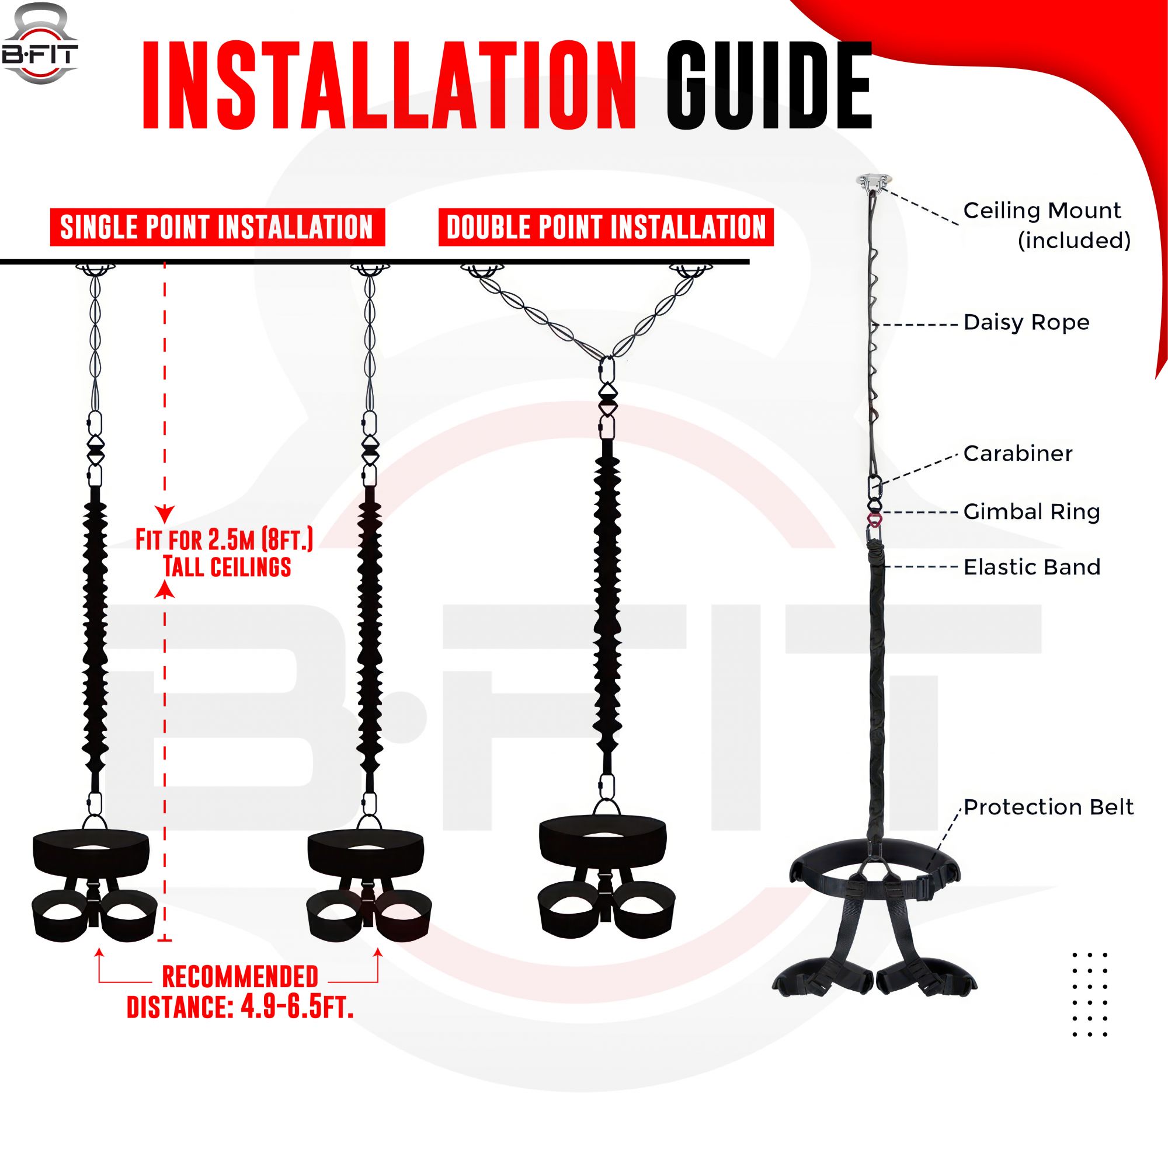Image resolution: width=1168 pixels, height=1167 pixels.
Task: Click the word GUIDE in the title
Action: tap(769, 86)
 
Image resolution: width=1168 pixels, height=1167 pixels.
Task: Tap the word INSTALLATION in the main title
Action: tap(390, 86)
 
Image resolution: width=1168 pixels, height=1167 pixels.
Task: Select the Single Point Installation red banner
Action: tap(217, 227)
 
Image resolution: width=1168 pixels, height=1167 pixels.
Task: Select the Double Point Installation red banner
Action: tap(606, 227)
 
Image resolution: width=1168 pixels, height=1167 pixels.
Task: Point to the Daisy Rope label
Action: tap(1026, 322)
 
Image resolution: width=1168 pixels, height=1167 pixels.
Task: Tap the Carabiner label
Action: tap(1017, 453)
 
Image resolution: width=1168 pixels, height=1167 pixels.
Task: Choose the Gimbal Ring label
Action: tap(1031, 511)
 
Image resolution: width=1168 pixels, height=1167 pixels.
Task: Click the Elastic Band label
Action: tap(1031, 567)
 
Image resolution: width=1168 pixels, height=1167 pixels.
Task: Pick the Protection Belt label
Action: tap(1048, 807)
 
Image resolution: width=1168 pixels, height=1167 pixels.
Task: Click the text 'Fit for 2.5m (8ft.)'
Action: tap(224, 539)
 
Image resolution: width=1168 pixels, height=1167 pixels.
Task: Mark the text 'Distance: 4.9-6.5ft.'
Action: tap(240, 1007)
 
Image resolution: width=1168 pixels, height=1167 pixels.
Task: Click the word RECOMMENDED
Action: tap(240, 977)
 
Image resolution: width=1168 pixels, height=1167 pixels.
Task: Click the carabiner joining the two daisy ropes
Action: tap(607, 371)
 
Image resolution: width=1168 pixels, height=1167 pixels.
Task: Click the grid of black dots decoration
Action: tap(1089, 995)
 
